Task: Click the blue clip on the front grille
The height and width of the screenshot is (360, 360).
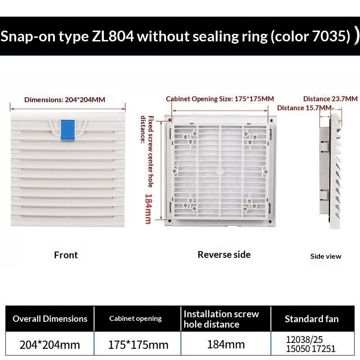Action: coord(67,130)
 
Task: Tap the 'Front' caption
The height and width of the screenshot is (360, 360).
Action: coord(66,255)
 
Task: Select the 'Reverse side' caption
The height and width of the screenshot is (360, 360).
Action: coord(224,255)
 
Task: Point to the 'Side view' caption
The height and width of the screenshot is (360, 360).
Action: coord(325,256)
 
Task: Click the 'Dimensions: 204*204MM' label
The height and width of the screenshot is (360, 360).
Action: coord(65,99)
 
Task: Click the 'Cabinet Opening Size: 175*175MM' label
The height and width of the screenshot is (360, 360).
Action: coord(220,99)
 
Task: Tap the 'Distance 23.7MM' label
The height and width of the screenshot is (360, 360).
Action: coord(330,99)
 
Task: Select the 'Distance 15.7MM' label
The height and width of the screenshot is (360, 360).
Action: coord(304,108)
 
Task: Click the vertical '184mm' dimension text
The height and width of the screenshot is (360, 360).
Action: coord(148,209)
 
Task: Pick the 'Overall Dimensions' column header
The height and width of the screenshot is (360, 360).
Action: coord(50,319)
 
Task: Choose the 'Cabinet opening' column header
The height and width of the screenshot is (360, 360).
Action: coord(135,319)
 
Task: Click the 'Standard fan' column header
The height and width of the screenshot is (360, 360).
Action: coord(311,319)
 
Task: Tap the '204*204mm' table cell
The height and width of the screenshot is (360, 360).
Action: coord(50,345)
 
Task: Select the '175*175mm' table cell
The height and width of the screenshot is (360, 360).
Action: coord(138,345)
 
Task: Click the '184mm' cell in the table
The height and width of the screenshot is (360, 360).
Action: coord(226,344)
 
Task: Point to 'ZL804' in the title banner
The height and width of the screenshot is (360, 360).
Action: coord(113,36)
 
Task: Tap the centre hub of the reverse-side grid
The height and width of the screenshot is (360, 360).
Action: coord(220,171)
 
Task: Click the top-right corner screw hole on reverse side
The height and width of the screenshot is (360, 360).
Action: coord(271,120)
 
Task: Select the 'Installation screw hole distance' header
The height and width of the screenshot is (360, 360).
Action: coord(221,319)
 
